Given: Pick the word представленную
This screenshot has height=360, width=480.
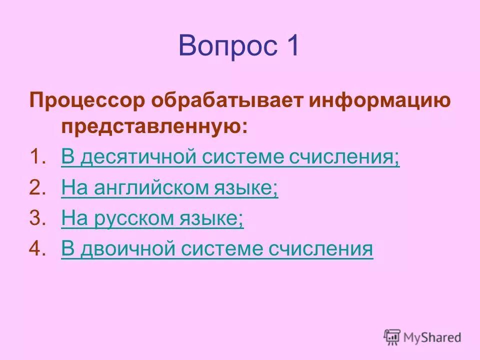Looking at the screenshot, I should pos(154,126).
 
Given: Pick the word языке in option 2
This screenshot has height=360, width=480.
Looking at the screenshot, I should pos(246,188).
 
